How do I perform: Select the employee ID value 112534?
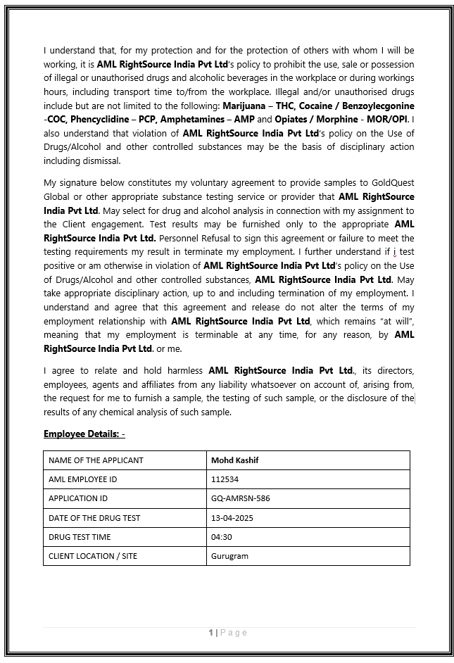[x=224, y=479]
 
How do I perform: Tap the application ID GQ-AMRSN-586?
[x=240, y=498]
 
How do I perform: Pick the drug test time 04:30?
[x=221, y=537]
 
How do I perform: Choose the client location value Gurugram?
[x=229, y=556]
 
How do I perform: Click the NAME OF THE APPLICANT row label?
[x=96, y=460]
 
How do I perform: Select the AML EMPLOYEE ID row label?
[x=82, y=479]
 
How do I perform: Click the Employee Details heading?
[x=84, y=434]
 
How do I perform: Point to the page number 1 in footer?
[x=210, y=633]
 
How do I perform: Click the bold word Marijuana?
[x=244, y=105]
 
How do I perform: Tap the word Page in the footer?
[x=234, y=633]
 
